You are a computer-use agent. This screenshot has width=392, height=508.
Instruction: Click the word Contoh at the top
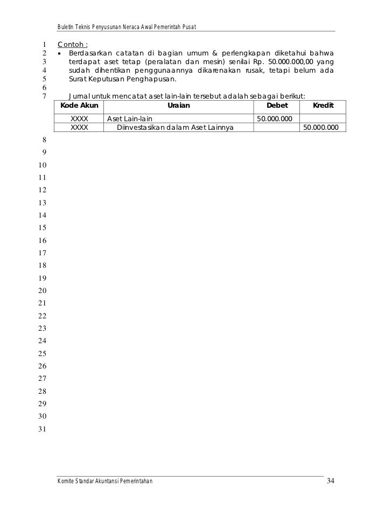(72, 44)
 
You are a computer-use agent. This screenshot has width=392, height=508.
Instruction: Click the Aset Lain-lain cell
(129, 119)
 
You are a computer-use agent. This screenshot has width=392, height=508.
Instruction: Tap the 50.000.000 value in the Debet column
(275, 119)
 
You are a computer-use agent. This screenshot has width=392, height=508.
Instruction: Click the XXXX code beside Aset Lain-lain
(80, 119)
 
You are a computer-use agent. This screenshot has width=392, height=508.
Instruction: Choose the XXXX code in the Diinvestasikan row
(80, 128)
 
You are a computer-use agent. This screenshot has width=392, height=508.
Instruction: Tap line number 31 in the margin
(43, 429)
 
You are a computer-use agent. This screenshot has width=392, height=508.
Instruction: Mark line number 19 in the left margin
(43, 279)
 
